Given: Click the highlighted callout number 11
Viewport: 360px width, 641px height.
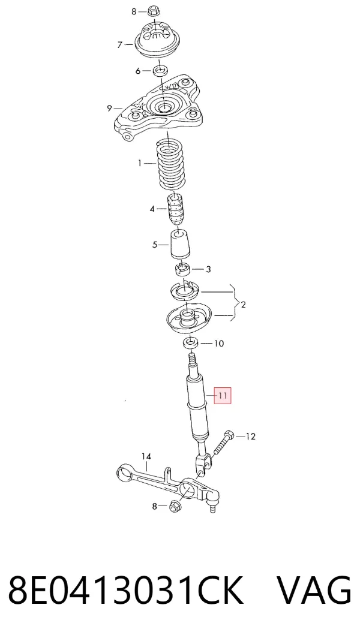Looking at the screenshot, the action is [x=223, y=396].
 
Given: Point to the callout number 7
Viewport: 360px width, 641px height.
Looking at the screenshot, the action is [x=119, y=44].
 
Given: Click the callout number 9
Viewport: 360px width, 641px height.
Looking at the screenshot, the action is [x=109, y=109].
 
